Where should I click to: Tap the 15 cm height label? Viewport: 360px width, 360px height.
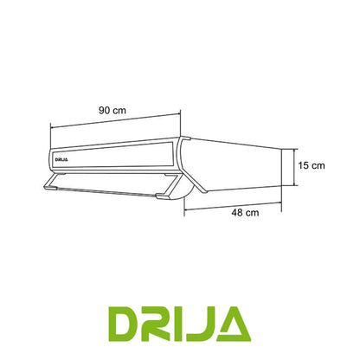tap(310, 164)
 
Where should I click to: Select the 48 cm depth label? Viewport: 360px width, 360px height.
tap(245, 212)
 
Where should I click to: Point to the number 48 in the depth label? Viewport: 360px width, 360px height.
tap(239, 212)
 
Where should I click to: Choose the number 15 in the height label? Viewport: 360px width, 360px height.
tap(304, 164)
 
